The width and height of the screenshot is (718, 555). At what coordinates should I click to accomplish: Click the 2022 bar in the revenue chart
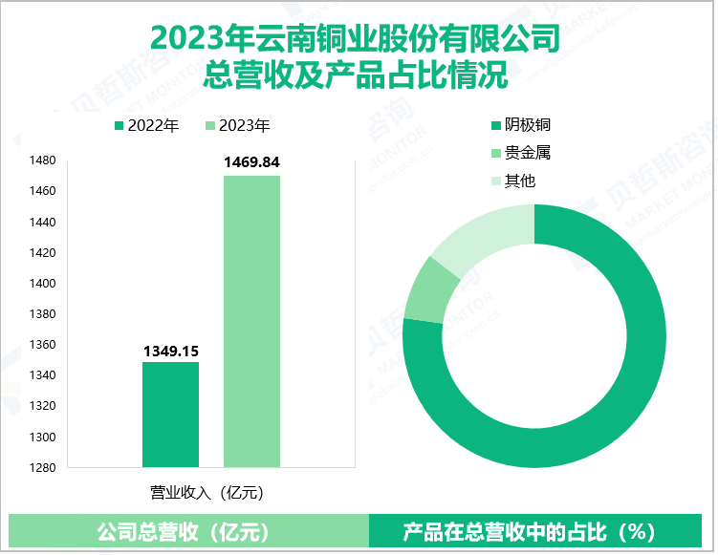170,415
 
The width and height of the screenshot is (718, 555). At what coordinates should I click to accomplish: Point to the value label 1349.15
170,352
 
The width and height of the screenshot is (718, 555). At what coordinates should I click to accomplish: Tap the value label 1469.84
251,163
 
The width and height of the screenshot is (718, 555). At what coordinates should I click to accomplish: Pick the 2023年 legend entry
238,125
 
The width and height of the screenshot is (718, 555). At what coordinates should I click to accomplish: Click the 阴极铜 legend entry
520,125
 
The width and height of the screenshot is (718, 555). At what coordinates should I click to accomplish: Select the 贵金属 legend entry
520,153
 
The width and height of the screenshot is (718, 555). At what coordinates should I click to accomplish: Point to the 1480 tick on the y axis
43,160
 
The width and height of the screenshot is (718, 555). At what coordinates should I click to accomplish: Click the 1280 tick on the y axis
43,467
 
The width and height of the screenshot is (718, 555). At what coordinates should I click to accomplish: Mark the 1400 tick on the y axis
43,283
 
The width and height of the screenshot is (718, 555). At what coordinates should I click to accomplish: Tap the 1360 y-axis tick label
43,344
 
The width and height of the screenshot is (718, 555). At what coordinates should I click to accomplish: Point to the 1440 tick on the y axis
43,222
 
